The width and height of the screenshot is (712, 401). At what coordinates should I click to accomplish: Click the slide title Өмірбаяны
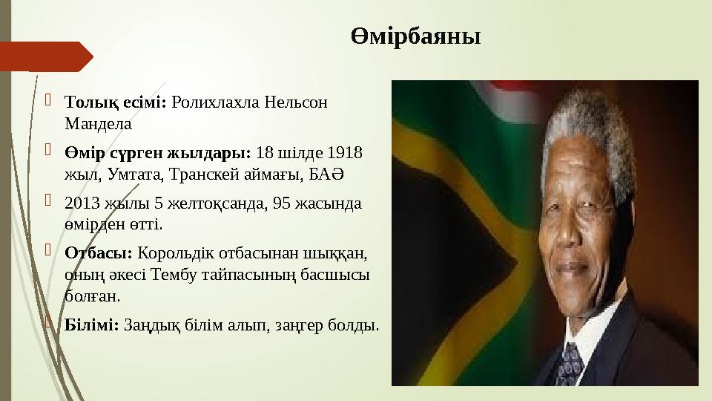point(415,36)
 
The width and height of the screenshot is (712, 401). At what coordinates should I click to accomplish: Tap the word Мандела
point(98,123)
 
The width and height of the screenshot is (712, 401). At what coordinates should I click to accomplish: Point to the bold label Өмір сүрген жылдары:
point(158,153)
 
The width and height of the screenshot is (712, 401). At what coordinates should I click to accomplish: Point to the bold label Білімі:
point(92,325)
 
